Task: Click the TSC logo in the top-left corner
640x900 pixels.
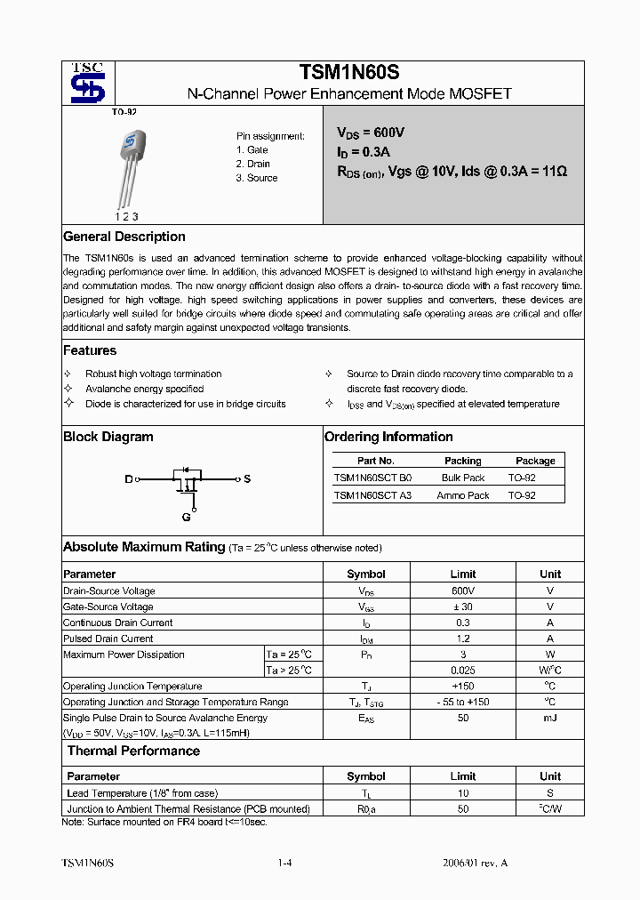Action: click(x=88, y=83)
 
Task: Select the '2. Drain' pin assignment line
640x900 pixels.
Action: click(x=253, y=164)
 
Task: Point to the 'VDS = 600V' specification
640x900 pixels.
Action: click(x=370, y=133)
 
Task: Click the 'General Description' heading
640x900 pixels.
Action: click(x=124, y=237)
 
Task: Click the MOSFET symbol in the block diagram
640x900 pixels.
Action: click(x=187, y=480)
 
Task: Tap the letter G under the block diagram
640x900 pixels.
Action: click(x=186, y=517)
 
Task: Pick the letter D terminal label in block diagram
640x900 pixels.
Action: click(x=128, y=479)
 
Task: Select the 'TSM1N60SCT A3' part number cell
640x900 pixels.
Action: click(x=372, y=495)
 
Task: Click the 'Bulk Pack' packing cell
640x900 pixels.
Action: click(x=463, y=478)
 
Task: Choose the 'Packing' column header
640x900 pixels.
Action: click(x=462, y=461)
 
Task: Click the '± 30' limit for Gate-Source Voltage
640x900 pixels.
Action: click(x=462, y=607)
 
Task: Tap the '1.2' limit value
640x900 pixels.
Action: click(x=462, y=639)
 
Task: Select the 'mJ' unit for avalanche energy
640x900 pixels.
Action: click(x=550, y=718)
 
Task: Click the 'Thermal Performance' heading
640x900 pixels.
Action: click(x=134, y=751)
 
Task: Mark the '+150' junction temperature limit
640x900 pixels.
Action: click(x=462, y=686)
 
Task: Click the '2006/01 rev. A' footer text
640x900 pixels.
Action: click(x=475, y=864)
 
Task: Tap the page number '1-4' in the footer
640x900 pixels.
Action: click(x=284, y=864)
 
